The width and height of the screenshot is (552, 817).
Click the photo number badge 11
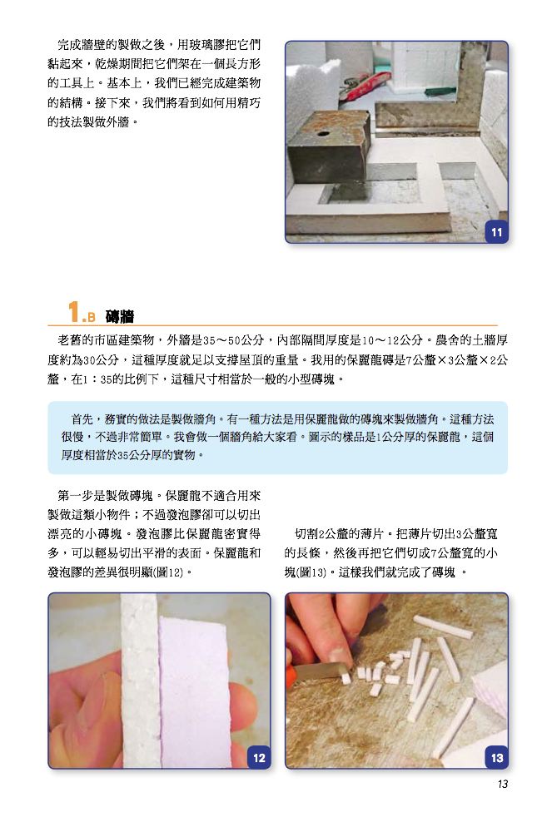(496, 232)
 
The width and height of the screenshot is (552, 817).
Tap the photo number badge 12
(259, 758)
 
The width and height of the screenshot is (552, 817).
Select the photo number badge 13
(497, 758)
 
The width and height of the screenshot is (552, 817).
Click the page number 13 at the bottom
(503, 785)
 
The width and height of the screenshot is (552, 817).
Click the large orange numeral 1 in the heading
(74, 312)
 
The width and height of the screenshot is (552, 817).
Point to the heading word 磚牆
(119, 316)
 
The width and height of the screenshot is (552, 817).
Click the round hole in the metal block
(323, 133)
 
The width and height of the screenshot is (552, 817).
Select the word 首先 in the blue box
(82, 419)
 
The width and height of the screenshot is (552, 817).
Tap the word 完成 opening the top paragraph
(69, 45)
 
